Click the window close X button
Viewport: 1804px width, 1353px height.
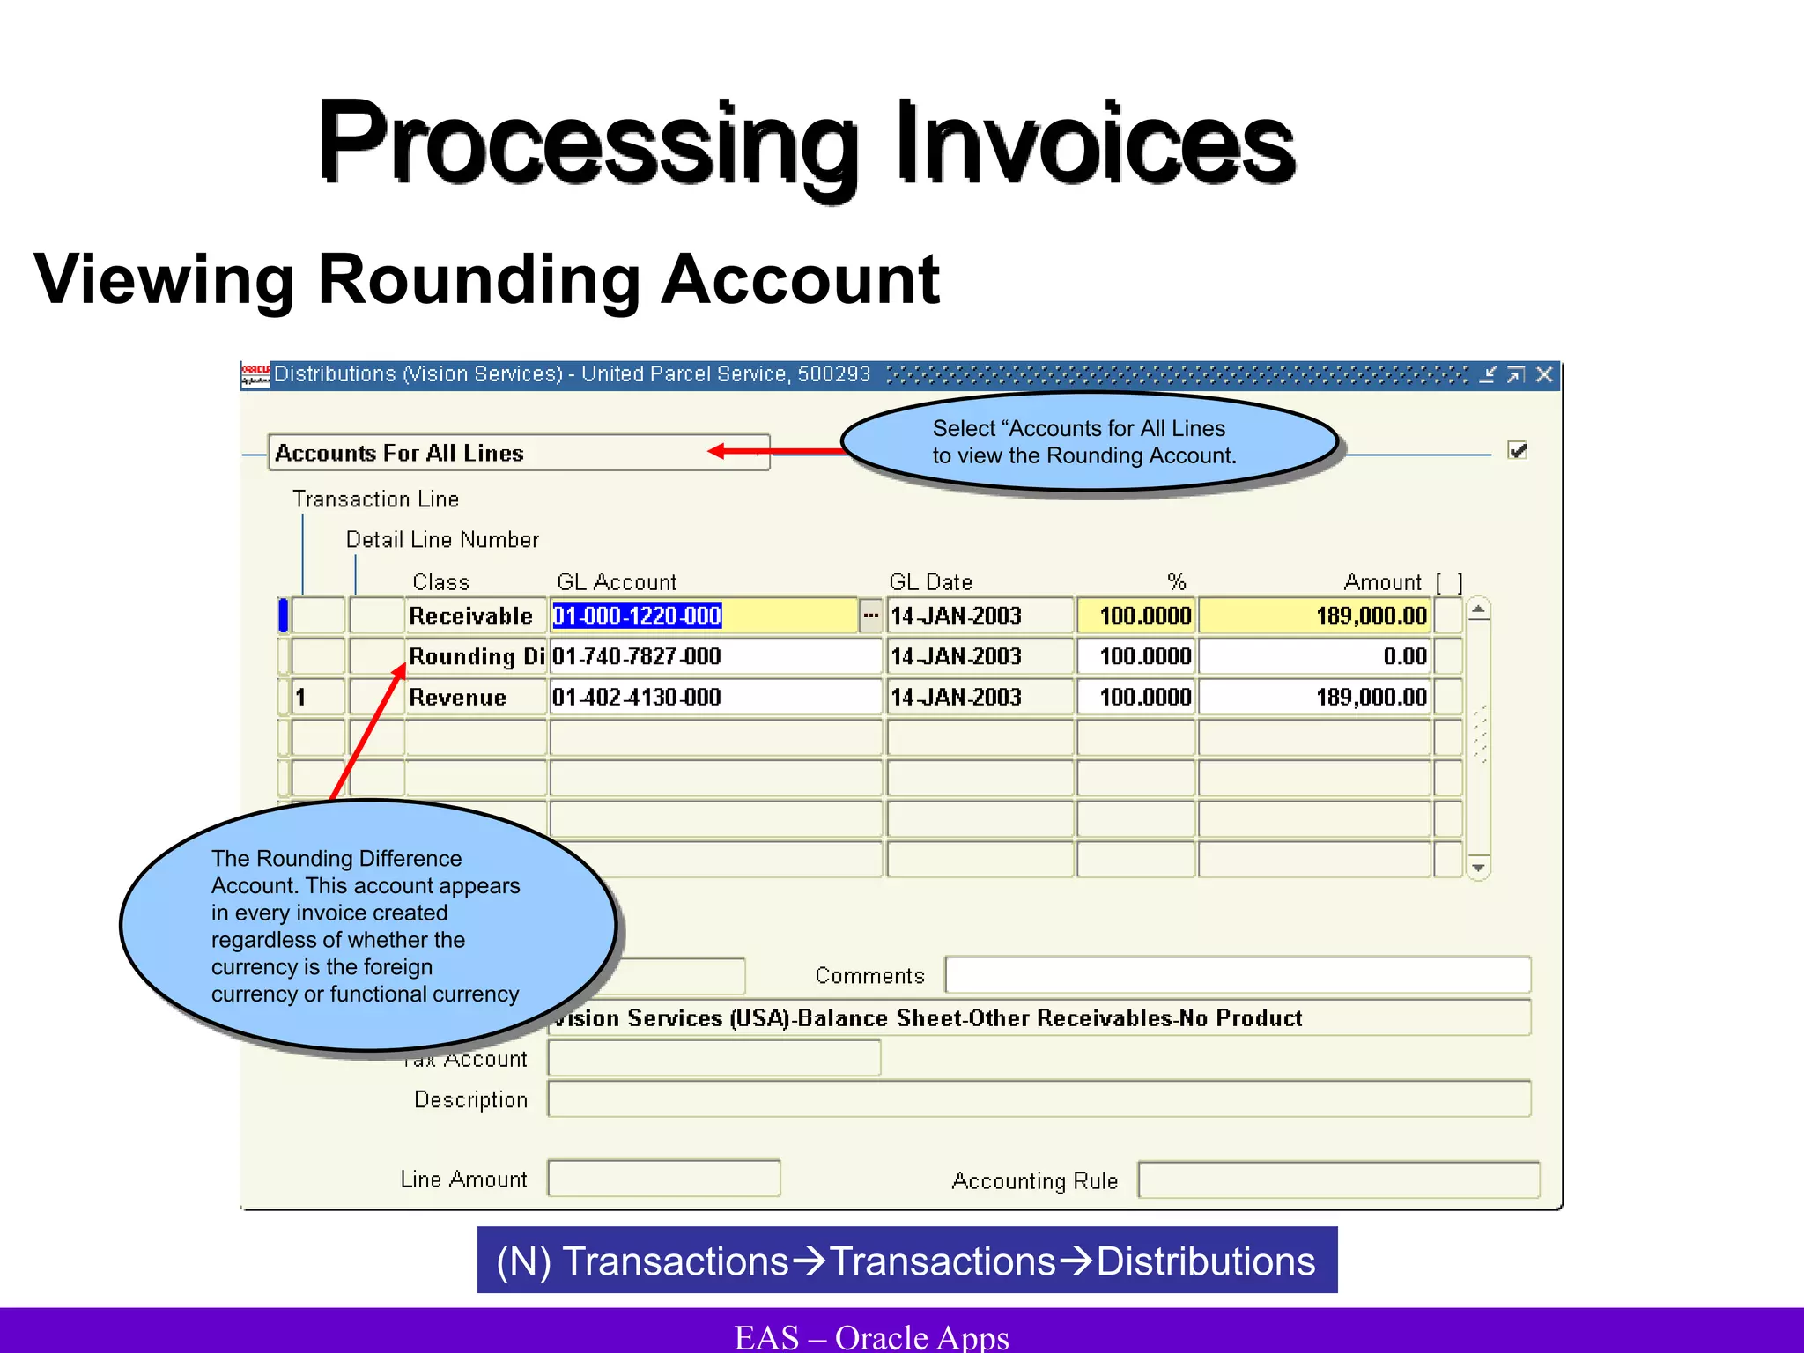(x=1544, y=375)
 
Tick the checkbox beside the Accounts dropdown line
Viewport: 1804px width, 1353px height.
(x=1517, y=451)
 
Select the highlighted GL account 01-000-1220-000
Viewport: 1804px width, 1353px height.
(x=637, y=616)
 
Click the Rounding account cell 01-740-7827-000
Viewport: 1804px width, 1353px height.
(x=637, y=656)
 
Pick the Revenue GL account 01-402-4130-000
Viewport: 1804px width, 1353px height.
(x=637, y=698)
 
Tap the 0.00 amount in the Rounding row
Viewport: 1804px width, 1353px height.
(x=1404, y=656)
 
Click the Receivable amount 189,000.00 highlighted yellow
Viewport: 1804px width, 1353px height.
(x=1371, y=616)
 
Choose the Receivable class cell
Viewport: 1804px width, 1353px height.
(x=471, y=616)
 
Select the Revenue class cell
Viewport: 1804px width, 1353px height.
(x=458, y=698)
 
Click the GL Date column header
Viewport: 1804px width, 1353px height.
(x=930, y=582)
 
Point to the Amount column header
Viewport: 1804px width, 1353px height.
(x=1382, y=582)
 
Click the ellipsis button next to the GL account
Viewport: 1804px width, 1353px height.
(x=870, y=616)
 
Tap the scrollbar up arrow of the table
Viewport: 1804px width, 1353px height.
(x=1479, y=610)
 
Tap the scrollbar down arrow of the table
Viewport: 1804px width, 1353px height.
(x=1479, y=868)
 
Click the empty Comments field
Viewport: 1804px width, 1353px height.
(x=1237, y=975)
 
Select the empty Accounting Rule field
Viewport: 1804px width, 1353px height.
(x=1338, y=1180)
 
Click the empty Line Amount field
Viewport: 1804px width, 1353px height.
(x=663, y=1179)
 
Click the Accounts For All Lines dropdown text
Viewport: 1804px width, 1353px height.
(x=400, y=453)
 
